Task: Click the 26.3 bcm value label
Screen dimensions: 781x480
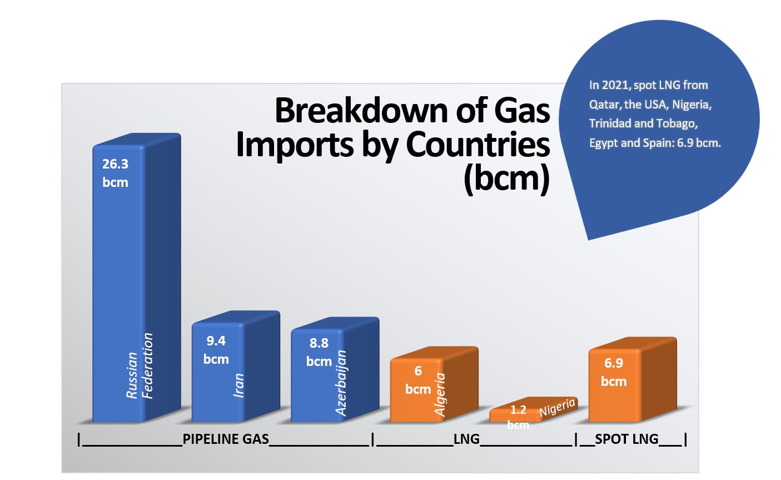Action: [x=116, y=173]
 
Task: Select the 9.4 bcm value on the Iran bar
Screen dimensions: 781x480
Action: [x=216, y=350]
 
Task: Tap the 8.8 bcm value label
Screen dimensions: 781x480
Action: [x=319, y=352]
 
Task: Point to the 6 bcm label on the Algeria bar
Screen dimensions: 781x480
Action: [x=418, y=380]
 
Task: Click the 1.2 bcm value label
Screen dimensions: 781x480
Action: [x=518, y=417]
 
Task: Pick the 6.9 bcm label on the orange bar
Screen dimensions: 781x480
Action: [x=614, y=372]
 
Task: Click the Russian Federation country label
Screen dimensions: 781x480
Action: [x=140, y=365]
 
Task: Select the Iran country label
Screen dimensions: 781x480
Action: [x=238, y=385]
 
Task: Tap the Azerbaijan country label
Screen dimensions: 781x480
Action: [x=341, y=383]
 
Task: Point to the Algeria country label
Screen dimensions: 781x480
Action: [x=440, y=394]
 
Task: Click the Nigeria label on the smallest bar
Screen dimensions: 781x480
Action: [x=557, y=407]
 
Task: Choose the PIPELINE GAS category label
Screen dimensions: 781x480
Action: [x=226, y=439]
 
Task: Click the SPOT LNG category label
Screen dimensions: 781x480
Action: [x=626, y=439]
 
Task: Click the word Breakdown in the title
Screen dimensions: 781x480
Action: [x=361, y=111]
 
